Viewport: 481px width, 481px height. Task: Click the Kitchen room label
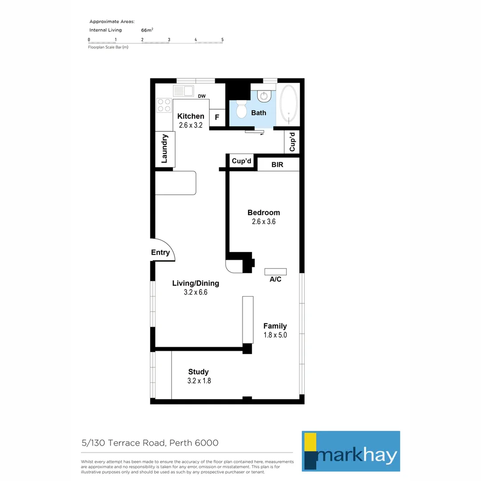[191, 116]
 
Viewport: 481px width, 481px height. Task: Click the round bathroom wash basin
[265, 96]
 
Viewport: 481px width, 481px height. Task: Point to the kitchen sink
[183, 91]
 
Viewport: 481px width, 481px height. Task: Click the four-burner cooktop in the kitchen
[163, 105]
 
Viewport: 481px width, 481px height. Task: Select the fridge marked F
[217, 118]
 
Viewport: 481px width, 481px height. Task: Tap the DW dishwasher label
[202, 96]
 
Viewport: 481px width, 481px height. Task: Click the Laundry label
[164, 148]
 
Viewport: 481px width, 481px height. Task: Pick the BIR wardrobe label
[278, 165]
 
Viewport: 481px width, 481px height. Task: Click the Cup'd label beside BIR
[241, 161]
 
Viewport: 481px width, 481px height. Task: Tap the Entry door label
[160, 253]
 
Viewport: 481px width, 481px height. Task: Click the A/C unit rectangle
[275, 272]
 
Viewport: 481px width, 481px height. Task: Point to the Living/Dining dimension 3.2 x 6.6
[196, 293]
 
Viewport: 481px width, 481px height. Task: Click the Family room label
[275, 326]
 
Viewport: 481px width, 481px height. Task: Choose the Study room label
[198, 372]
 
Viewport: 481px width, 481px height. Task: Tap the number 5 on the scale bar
[222, 40]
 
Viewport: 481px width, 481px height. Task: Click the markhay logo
[351, 451]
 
